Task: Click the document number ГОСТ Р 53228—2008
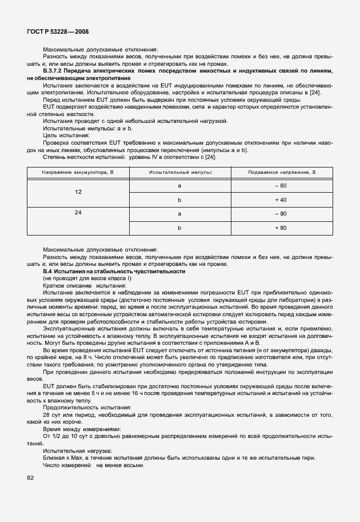(58, 32)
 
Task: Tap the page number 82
(31, 476)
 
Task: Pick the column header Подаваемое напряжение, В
(282, 172)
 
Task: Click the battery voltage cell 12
(78, 193)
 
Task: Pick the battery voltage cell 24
(78, 213)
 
